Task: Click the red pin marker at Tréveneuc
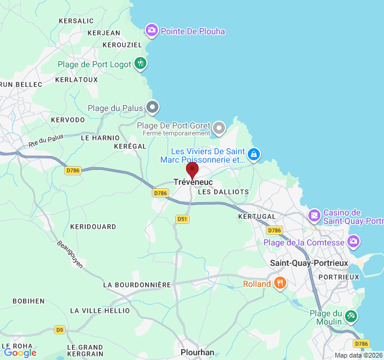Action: pos(192,170)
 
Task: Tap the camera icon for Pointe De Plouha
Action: pos(152,29)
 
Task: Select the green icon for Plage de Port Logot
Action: pos(140,62)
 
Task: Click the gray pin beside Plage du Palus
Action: pos(152,107)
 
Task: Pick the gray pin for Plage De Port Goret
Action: pos(220,127)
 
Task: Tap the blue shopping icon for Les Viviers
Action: pos(254,154)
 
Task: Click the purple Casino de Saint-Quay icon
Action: pos(314,215)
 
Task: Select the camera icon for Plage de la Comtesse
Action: pos(353,242)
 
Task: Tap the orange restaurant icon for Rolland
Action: pos(280,283)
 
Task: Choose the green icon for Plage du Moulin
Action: pos(351,315)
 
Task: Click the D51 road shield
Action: pos(182,219)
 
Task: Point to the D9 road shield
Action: pos(59,329)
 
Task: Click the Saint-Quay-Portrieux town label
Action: pos(309,263)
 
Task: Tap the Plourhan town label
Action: pos(197,352)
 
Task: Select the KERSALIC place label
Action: pos(76,20)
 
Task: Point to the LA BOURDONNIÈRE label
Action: pos(137,284)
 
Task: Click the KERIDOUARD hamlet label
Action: pos(93,227)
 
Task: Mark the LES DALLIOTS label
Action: pos(223,192)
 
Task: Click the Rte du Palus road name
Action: pos(46,142)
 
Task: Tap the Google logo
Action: pos(20,353)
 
